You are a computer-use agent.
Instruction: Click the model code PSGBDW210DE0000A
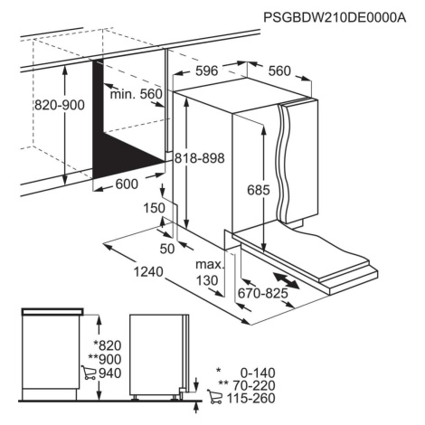click(x=335, y=17)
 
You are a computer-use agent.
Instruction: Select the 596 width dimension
click(x=207, y=71)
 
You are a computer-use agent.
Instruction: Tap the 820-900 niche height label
click(x=60, y=105)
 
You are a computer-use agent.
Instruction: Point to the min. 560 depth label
click(x=137, y=94)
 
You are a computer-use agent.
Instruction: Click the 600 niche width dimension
click(x=127, y=184)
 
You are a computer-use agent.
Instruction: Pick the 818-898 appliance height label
click(x=200, y=158)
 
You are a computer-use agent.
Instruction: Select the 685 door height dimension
click(x=259, y=190)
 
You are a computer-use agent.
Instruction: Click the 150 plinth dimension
click(x=154, y=208)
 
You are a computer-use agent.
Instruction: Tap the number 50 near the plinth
click(x=167, y=249)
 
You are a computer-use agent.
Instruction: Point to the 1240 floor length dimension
click(x=148, y=272)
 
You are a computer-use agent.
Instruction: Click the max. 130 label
click(x=210, y=272)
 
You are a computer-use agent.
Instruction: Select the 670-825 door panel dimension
click(x=263, y=293)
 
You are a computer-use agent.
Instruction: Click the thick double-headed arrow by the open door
click(x=286, y=280)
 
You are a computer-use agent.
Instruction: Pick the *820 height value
click(x=108, y=345)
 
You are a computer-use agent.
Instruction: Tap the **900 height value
click(x=105, y=359)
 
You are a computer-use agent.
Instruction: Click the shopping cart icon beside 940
click(x=89, y=373)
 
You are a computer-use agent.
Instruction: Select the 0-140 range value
click(x=258, y=373)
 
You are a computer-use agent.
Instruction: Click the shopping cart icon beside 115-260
click(x=214, y=397)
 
